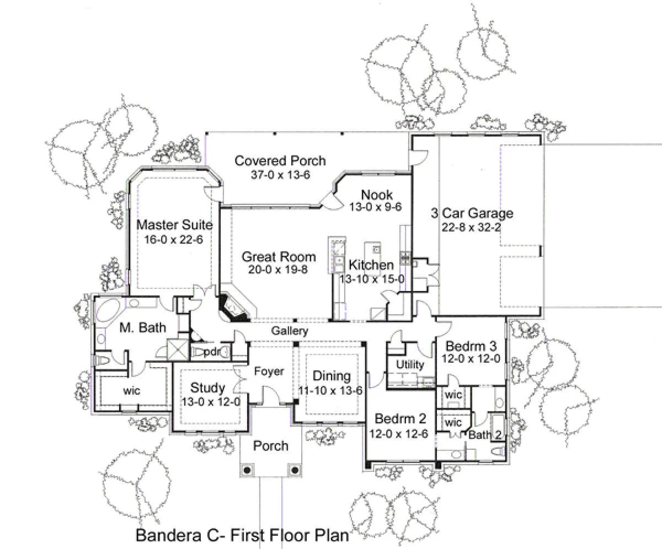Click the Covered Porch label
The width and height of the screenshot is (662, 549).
(x=280, y=160)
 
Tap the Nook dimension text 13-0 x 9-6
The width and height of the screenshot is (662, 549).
(x=375, y=207)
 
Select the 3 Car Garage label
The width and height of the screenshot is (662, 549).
(x=472, y=213)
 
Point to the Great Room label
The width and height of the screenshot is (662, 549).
(x=279, y=257)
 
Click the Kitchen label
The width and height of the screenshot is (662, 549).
(x=371, y=265)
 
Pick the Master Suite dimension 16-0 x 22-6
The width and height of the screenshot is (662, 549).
(x=173, y=239)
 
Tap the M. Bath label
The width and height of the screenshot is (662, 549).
(x=143, y=327)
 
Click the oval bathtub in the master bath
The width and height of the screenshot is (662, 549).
(x=107, y=309)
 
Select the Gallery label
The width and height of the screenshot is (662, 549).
(x=290, y=331)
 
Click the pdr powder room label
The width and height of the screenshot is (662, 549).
(x=212, y=352)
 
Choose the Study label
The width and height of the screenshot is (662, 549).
(x=207, y=387)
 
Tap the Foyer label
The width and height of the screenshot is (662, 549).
(x=269, y=372)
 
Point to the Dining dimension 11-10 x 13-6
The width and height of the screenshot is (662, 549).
(x=330, y=391)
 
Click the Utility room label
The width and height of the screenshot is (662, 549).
(x=410, y=365)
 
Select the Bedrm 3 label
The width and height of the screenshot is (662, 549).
(x=471, y=346)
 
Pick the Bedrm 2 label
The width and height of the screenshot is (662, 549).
(x=400, y=419)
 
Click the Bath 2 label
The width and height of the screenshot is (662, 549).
(x=485, y=435)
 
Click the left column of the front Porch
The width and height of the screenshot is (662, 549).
(x=248, y=470)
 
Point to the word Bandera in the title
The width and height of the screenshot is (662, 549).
(x=168, y=535)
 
